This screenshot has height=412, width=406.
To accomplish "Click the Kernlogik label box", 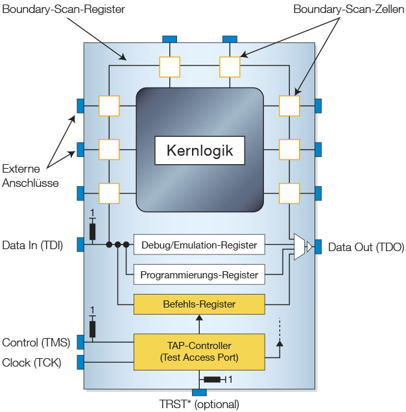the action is [x=200, y=151].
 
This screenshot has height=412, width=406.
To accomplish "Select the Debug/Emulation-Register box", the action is [x=199, y=245].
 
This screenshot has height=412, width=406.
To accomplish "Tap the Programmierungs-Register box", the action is [x=199, y=274].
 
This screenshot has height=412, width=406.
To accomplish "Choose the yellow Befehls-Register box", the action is [x=199, y=304].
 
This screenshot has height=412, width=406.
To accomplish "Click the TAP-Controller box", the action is [x=199, y=352].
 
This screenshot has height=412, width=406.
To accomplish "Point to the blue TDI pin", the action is [x=80, y=245].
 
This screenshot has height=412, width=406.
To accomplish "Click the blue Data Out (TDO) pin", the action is [x=318, y=247].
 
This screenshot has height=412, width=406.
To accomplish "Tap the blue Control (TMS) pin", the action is [x=80, y=342].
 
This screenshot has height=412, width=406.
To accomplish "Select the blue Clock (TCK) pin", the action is [x=80, y=362].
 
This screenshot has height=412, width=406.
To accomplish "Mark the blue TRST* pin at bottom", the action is [x=199, y=393].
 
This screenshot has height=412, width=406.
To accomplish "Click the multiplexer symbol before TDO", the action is [x=300, y=247].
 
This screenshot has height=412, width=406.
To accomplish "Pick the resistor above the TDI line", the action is [x=92, y=231].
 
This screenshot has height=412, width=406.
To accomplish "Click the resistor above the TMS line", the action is [x=92, y=329].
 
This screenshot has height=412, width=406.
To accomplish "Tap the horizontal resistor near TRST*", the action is [x=212, y=380].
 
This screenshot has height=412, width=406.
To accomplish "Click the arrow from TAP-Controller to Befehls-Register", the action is [x=199, y=324].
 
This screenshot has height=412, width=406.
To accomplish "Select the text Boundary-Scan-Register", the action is [x=64, y=9].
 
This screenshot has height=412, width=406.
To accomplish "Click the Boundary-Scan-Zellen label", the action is [x=349, y=9].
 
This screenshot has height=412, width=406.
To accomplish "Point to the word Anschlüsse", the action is [x=30, y=183].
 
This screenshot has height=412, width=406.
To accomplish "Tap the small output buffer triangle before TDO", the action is [x=309, y=247].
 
